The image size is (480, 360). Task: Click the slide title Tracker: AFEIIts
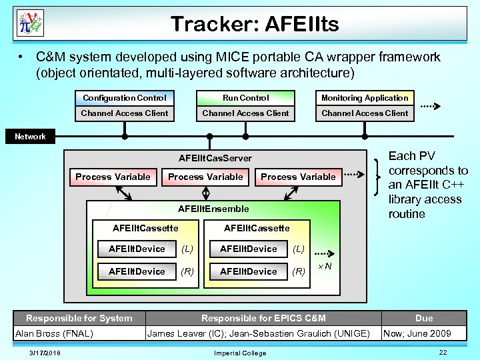255,25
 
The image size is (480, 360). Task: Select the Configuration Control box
125,98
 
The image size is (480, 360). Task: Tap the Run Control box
246,98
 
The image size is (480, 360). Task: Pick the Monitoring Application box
365,98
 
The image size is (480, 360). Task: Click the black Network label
31,136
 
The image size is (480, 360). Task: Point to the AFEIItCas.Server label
215,158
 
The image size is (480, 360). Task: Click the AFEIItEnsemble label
213,209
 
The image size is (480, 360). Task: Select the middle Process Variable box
205,177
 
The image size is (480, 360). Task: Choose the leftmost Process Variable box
113,177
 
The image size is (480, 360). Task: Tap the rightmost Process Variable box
298,177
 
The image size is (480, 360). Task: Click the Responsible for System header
79,318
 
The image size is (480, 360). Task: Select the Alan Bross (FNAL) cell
54,333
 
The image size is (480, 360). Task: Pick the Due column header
424,318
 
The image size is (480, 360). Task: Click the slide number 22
443,351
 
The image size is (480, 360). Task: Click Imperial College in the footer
240,353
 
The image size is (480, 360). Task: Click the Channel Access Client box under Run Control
246,113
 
